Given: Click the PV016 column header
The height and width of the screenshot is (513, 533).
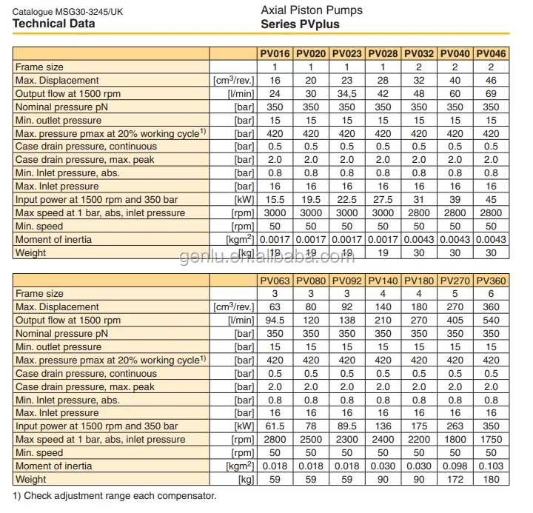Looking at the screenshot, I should coord(275,54).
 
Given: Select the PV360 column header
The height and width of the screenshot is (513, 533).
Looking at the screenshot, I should coord(492,281).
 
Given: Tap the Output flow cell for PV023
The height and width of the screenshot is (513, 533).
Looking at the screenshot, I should coord(347,94).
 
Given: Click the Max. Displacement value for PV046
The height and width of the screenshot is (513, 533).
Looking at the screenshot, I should coord(492,81).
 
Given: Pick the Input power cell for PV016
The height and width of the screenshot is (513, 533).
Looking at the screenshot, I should coord(275,200).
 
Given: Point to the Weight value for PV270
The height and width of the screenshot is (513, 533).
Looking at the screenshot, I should coord(455,480).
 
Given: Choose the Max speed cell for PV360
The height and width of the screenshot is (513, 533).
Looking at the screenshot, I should coord(492,440).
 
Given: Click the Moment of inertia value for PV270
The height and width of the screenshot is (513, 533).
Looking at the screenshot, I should coord(455,466).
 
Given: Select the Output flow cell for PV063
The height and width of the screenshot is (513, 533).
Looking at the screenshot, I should coord(275,321).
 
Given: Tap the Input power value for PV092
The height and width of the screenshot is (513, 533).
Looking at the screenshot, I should coord(347,426).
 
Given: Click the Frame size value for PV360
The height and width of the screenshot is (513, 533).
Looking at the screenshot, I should coord(492,294).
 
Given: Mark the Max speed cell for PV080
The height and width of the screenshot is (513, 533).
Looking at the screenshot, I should coord(311,440).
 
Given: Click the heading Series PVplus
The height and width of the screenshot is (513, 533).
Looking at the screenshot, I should coord(300,24).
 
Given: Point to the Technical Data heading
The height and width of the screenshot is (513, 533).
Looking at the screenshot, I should coord(54,24).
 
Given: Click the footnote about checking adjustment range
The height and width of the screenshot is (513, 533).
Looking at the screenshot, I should coord(115,495).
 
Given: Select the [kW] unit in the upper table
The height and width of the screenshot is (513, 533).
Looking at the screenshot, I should coord(244,200).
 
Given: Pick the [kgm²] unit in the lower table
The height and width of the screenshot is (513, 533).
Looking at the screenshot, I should coord(240,466).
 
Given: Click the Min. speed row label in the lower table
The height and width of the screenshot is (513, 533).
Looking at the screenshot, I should coord(40,453).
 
